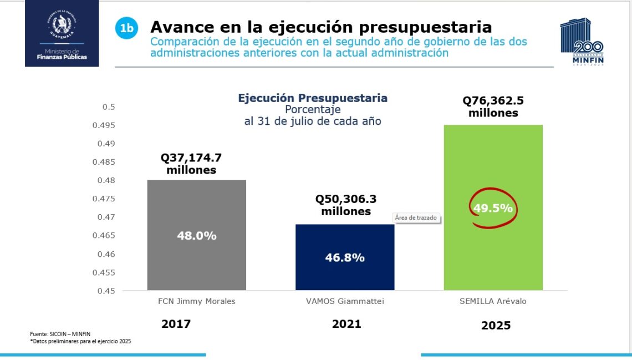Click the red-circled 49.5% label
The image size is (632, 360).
(492, 209)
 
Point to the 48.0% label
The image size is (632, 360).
(196, 236)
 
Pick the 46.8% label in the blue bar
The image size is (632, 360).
(344, 257)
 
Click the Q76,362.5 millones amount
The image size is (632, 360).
(493, 107)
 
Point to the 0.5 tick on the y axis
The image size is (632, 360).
(110, 107)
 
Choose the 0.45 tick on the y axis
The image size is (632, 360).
(106, 291)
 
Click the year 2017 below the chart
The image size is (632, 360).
(176, 324)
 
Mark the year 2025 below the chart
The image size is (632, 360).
(496, 326)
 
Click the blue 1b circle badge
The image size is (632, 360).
(126, 29)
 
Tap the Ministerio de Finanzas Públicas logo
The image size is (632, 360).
(62, 33)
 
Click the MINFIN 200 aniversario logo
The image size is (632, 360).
(582, 42)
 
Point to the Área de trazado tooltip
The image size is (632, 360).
(416, 218)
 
